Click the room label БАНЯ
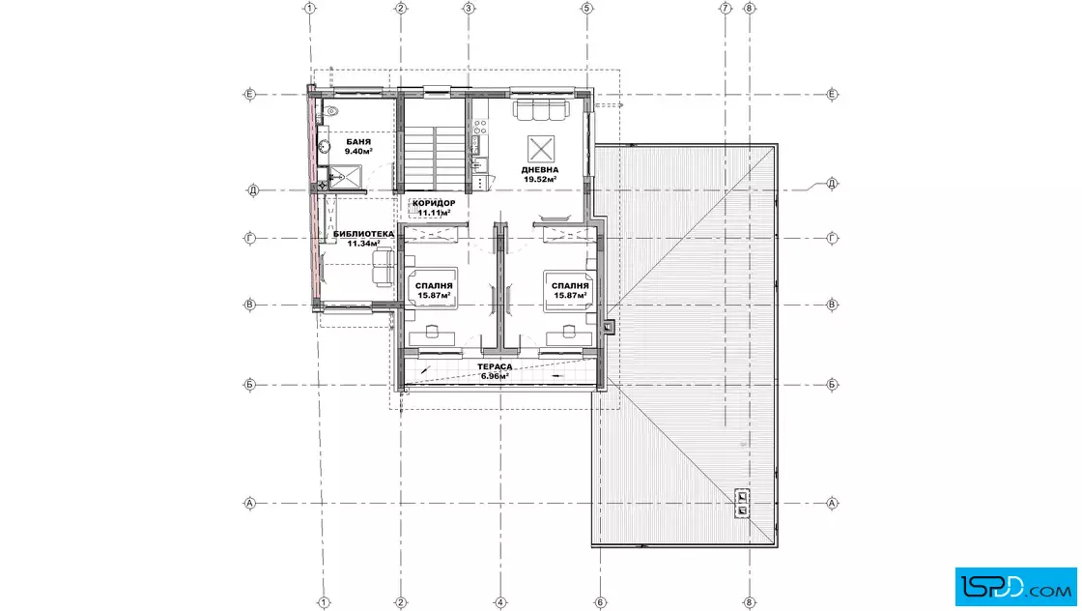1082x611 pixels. pyautogui.click(x=358, y=141)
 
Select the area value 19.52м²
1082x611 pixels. pyautogui.click(x=540, y=180)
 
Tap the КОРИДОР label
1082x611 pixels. pyautogui.click(x=434, y=203)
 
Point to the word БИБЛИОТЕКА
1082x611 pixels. pyautogui.click(x=363, y=234)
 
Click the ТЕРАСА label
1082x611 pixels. pyautogui.click(x=495, y=366)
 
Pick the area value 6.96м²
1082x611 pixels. pyautogui.click(x=495, y=376)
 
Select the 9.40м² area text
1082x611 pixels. pyautogui.click(x=358, y=151)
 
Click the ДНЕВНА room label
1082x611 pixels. pyautogui.click(x=540, y=170)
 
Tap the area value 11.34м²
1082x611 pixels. pyautogui.click(x=363, y=243)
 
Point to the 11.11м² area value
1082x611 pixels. pyautogui.click(x=434, y=213)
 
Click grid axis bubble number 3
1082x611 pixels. pyautogui.click(x=469, y=9)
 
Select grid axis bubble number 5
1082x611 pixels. pyautogui.click(x=587, y=9)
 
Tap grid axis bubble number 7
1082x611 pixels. pyautogui.click(x=726, y=9)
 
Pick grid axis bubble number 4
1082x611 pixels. pyautogui.click(x=501, y=602)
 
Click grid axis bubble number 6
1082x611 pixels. pyautogui.click(x=600, y=602)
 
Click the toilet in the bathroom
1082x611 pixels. pyautogui.click(x=330, y=110)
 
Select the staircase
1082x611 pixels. pyautogui.click(x=434, y=145)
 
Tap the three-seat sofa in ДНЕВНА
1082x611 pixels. pyautogui.click(x=541, y=107)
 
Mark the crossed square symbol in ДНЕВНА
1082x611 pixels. pyautogui.click(x=541, y=149)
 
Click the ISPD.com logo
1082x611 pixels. pyautogui.click(x=1015, y=587)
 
